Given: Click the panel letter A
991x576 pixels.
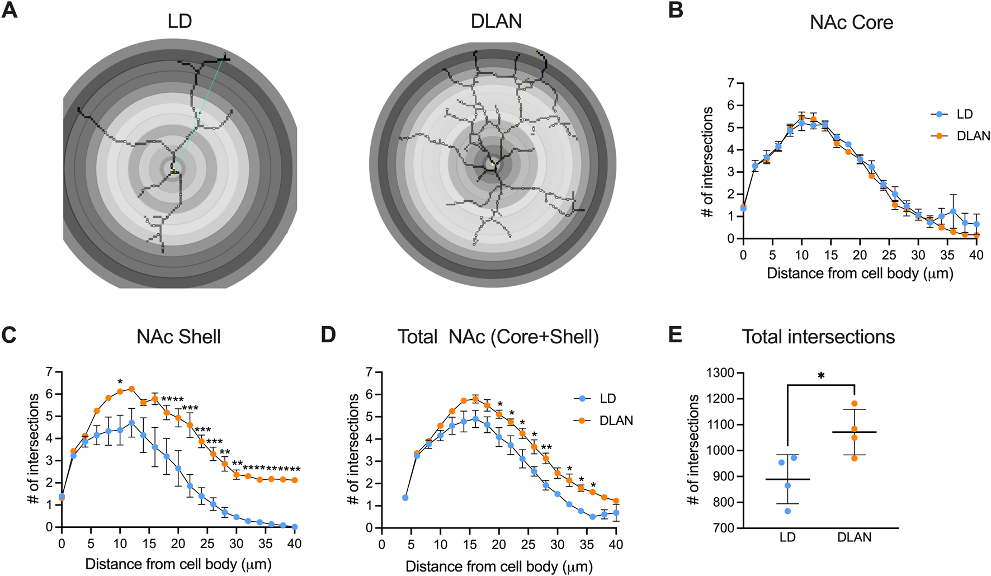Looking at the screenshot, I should coord(10,11).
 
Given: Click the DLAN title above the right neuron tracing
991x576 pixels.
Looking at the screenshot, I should coord(496,21).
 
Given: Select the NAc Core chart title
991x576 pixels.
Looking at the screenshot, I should coord(851,22).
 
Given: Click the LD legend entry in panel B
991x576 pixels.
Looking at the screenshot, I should coord(964,114).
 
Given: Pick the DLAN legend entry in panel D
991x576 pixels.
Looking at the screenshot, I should coord(616,421).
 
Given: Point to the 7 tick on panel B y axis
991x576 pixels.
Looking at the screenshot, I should coord(730,83).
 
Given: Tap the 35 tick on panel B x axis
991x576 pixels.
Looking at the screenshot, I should coord(947,255).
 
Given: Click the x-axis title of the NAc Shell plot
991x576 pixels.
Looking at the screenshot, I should coord(178,564).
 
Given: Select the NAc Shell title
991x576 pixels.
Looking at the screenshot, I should coord(178,337).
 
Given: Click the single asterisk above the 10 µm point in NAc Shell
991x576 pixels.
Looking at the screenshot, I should coord(120,383).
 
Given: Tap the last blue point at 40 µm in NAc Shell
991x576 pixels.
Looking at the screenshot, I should coord(295,527).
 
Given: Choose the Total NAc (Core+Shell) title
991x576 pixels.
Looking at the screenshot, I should coord(498,337).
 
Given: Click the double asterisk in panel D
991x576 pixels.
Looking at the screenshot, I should coord(546,448).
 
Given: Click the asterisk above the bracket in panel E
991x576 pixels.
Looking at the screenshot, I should coord(821,376).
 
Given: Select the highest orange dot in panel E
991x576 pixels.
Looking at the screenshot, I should coord(854,403).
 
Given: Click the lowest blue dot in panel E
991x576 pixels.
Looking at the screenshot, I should coord(787,511).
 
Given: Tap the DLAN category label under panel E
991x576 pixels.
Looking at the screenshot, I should coord(854,537).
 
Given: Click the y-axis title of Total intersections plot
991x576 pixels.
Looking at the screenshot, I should coord(693,450).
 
